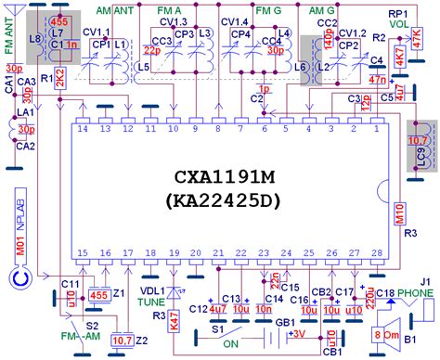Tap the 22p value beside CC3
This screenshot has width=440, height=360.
152,50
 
